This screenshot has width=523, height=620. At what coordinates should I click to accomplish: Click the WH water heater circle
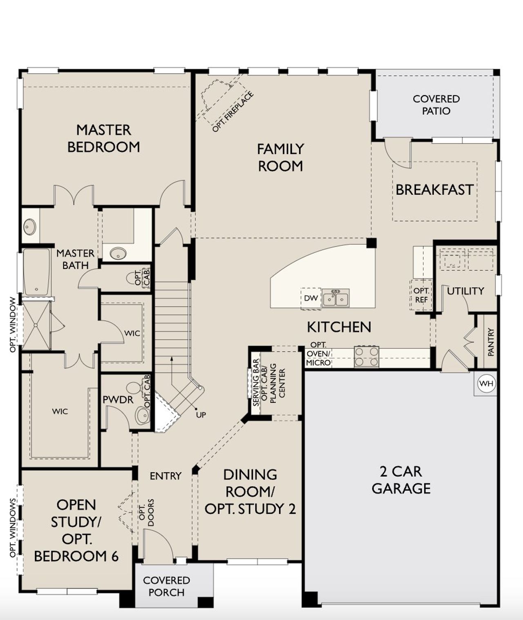coord(486,384)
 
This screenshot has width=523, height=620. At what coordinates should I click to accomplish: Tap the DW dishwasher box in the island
coord(311,298)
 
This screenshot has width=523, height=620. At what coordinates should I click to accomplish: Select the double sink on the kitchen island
coord(335,299)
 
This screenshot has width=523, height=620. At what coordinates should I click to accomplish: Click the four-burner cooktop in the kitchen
coord(367,357)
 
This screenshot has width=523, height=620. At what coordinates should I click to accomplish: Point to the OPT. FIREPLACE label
coord(233,112)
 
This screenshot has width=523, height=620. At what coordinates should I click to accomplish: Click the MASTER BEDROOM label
coord(103,138)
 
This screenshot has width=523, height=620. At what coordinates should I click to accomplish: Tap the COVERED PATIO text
coord(436,105)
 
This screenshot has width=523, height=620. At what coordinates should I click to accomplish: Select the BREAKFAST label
coord(434,190)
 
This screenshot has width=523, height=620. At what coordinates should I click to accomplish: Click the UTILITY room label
coord(465,291)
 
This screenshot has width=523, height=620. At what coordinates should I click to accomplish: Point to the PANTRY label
coord(491,341)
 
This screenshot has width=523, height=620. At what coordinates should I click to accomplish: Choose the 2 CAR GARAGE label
coord(401,480)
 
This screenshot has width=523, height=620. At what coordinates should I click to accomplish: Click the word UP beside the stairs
coord(201,415)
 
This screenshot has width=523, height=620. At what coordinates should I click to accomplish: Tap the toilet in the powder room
coord(134,388)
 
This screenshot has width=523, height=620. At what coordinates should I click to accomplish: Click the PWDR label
coord(118,400)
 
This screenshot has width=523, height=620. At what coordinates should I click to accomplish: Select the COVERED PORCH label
coord(166,586)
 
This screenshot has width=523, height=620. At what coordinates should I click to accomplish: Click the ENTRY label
coord(165,476)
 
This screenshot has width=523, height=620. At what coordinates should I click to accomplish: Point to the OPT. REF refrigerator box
coord(421,295)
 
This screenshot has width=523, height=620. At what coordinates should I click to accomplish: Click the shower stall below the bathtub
coord(36,325)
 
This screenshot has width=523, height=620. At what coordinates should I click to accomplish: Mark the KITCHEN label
coord(339,327)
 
